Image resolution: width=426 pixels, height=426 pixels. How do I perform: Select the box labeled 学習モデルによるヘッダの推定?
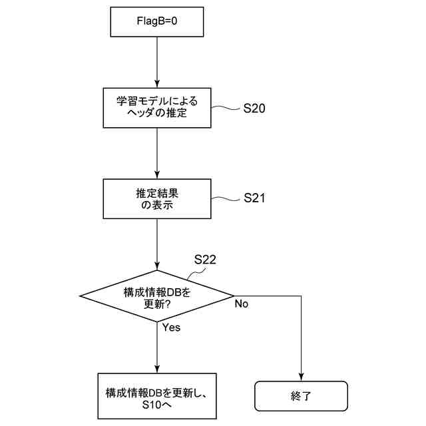[156, 108]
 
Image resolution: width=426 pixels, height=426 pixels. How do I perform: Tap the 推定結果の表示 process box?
[156, 199]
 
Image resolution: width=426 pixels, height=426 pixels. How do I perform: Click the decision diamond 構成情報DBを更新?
[156, 296]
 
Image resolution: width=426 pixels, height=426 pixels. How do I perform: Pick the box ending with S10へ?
[157, 396]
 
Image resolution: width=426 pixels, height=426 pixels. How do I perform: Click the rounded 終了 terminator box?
[302, 396]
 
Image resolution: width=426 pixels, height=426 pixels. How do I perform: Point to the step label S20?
[255, 108]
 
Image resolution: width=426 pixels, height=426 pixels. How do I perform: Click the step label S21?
[255, 198]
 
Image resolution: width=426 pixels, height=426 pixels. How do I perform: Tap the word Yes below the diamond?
[171, 327]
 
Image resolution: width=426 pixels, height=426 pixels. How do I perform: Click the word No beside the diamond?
[241, 304]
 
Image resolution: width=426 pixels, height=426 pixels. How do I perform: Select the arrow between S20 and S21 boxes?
[156, 153]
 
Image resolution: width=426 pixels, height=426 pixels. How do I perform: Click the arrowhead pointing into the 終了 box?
[302, 377]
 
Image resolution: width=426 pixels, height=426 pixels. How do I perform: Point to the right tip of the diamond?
[233, 296]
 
